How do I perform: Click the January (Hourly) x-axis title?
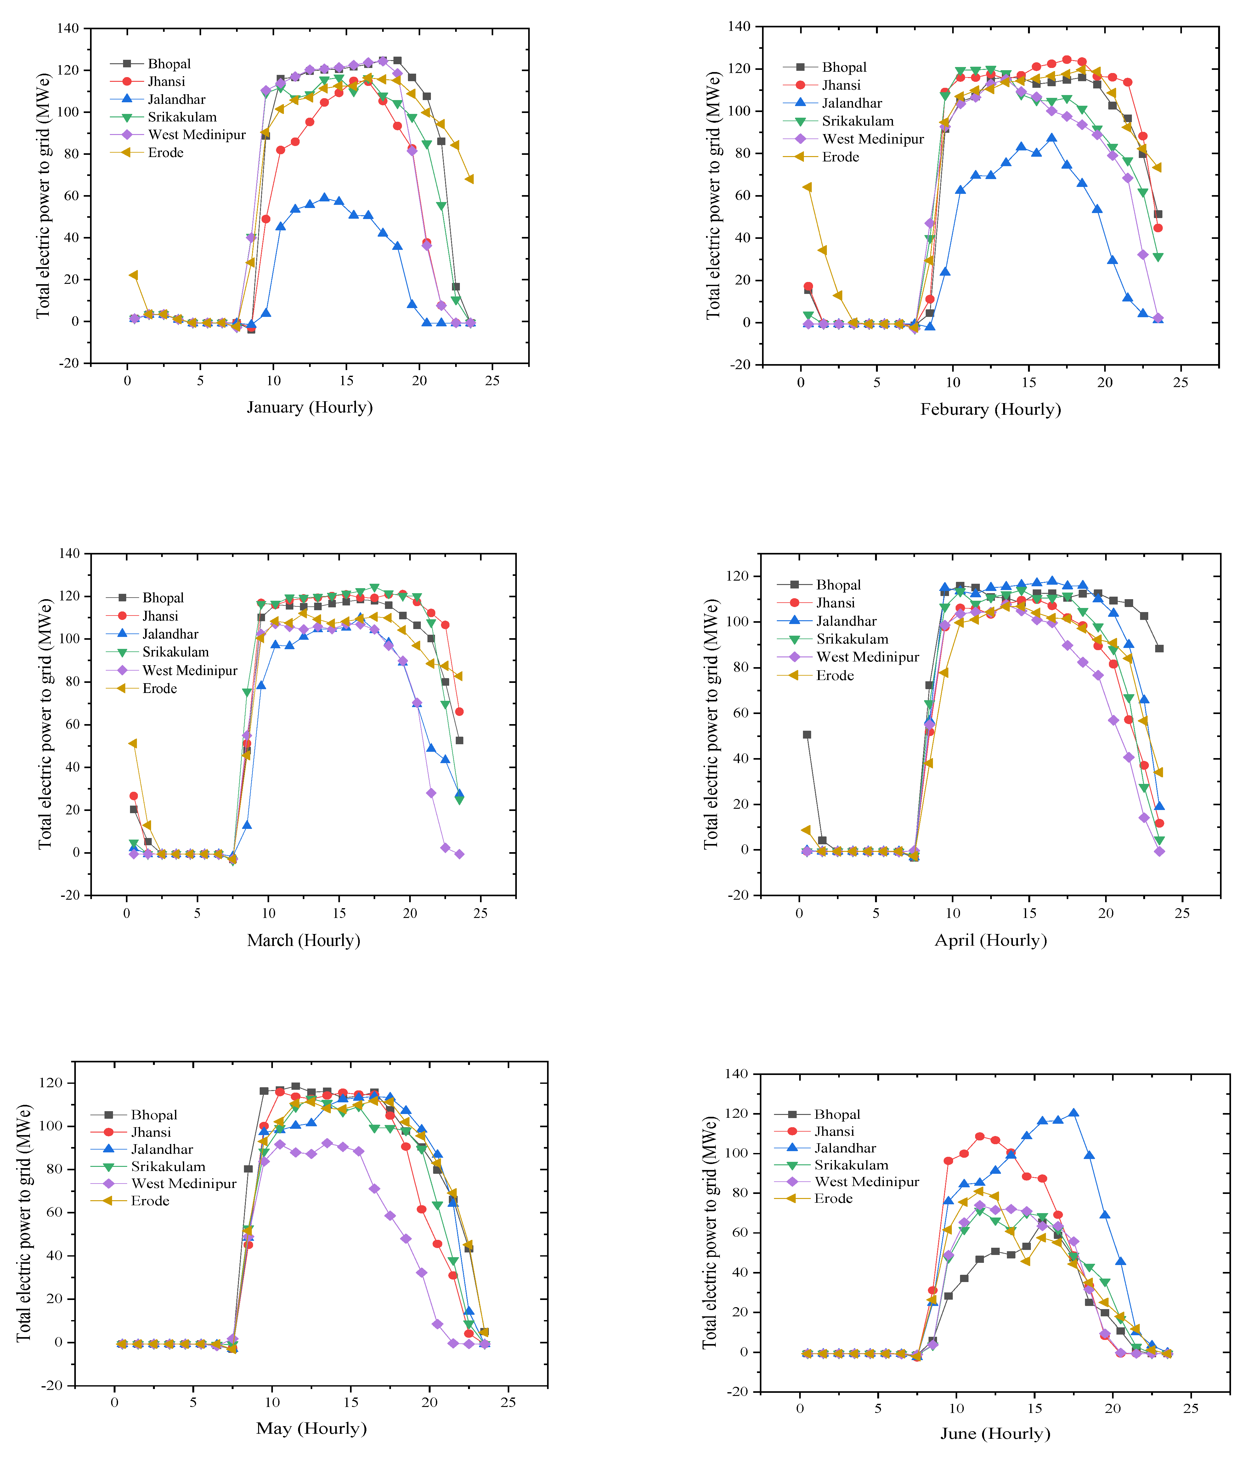click(309, 407)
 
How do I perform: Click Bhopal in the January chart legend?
click(169, 64)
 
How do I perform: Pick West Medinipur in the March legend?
click(190, 670)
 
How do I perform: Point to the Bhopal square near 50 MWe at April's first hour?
click(807, 735)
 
